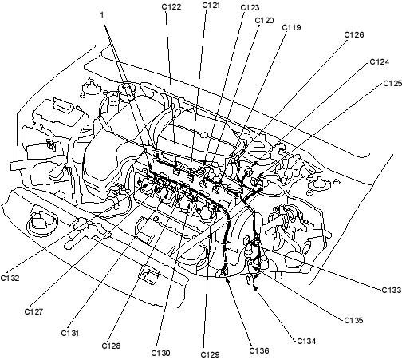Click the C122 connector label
tap(171, 7)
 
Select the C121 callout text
tap(211, 6)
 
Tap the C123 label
tap(250, 8)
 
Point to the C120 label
tap(264, 21)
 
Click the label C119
tap(291, 28)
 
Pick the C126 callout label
tap(354, 35)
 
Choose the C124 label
tap(380, 62)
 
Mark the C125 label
tap(392, 84)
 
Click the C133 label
tap(392, 290)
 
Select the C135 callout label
tap(353, 320)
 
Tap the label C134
tap(306, 341)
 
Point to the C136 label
tap(259, 350)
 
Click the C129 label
tap(211, 354)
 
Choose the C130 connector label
tap(160, 353)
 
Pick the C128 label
tap(111, 346)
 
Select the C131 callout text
tap(70, 333)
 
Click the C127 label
tap(33, 311)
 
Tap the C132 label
tap(10, 278)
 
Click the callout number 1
tap(102, 15)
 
